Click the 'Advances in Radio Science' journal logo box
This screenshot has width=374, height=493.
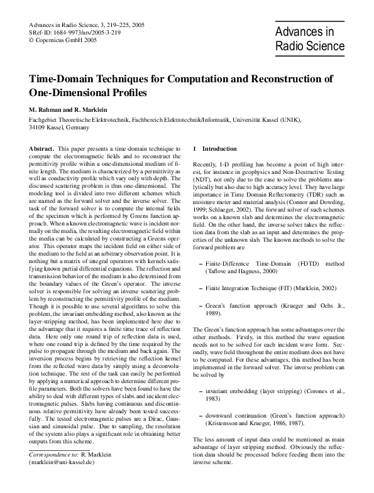(310, 39)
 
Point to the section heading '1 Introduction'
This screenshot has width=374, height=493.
(215, 148)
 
